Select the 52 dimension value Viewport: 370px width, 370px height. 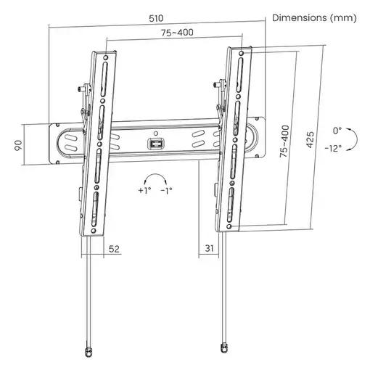pos(115,248)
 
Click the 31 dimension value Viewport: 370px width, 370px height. pos(209,248)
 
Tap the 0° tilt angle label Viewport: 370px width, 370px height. pos(335,131)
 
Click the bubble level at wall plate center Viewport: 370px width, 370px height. pos(155,144)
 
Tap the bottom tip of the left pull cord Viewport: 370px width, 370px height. pos(89,351)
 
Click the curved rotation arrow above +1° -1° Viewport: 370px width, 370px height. pos(155,177)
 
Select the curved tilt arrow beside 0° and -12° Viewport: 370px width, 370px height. pos(351,139)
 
